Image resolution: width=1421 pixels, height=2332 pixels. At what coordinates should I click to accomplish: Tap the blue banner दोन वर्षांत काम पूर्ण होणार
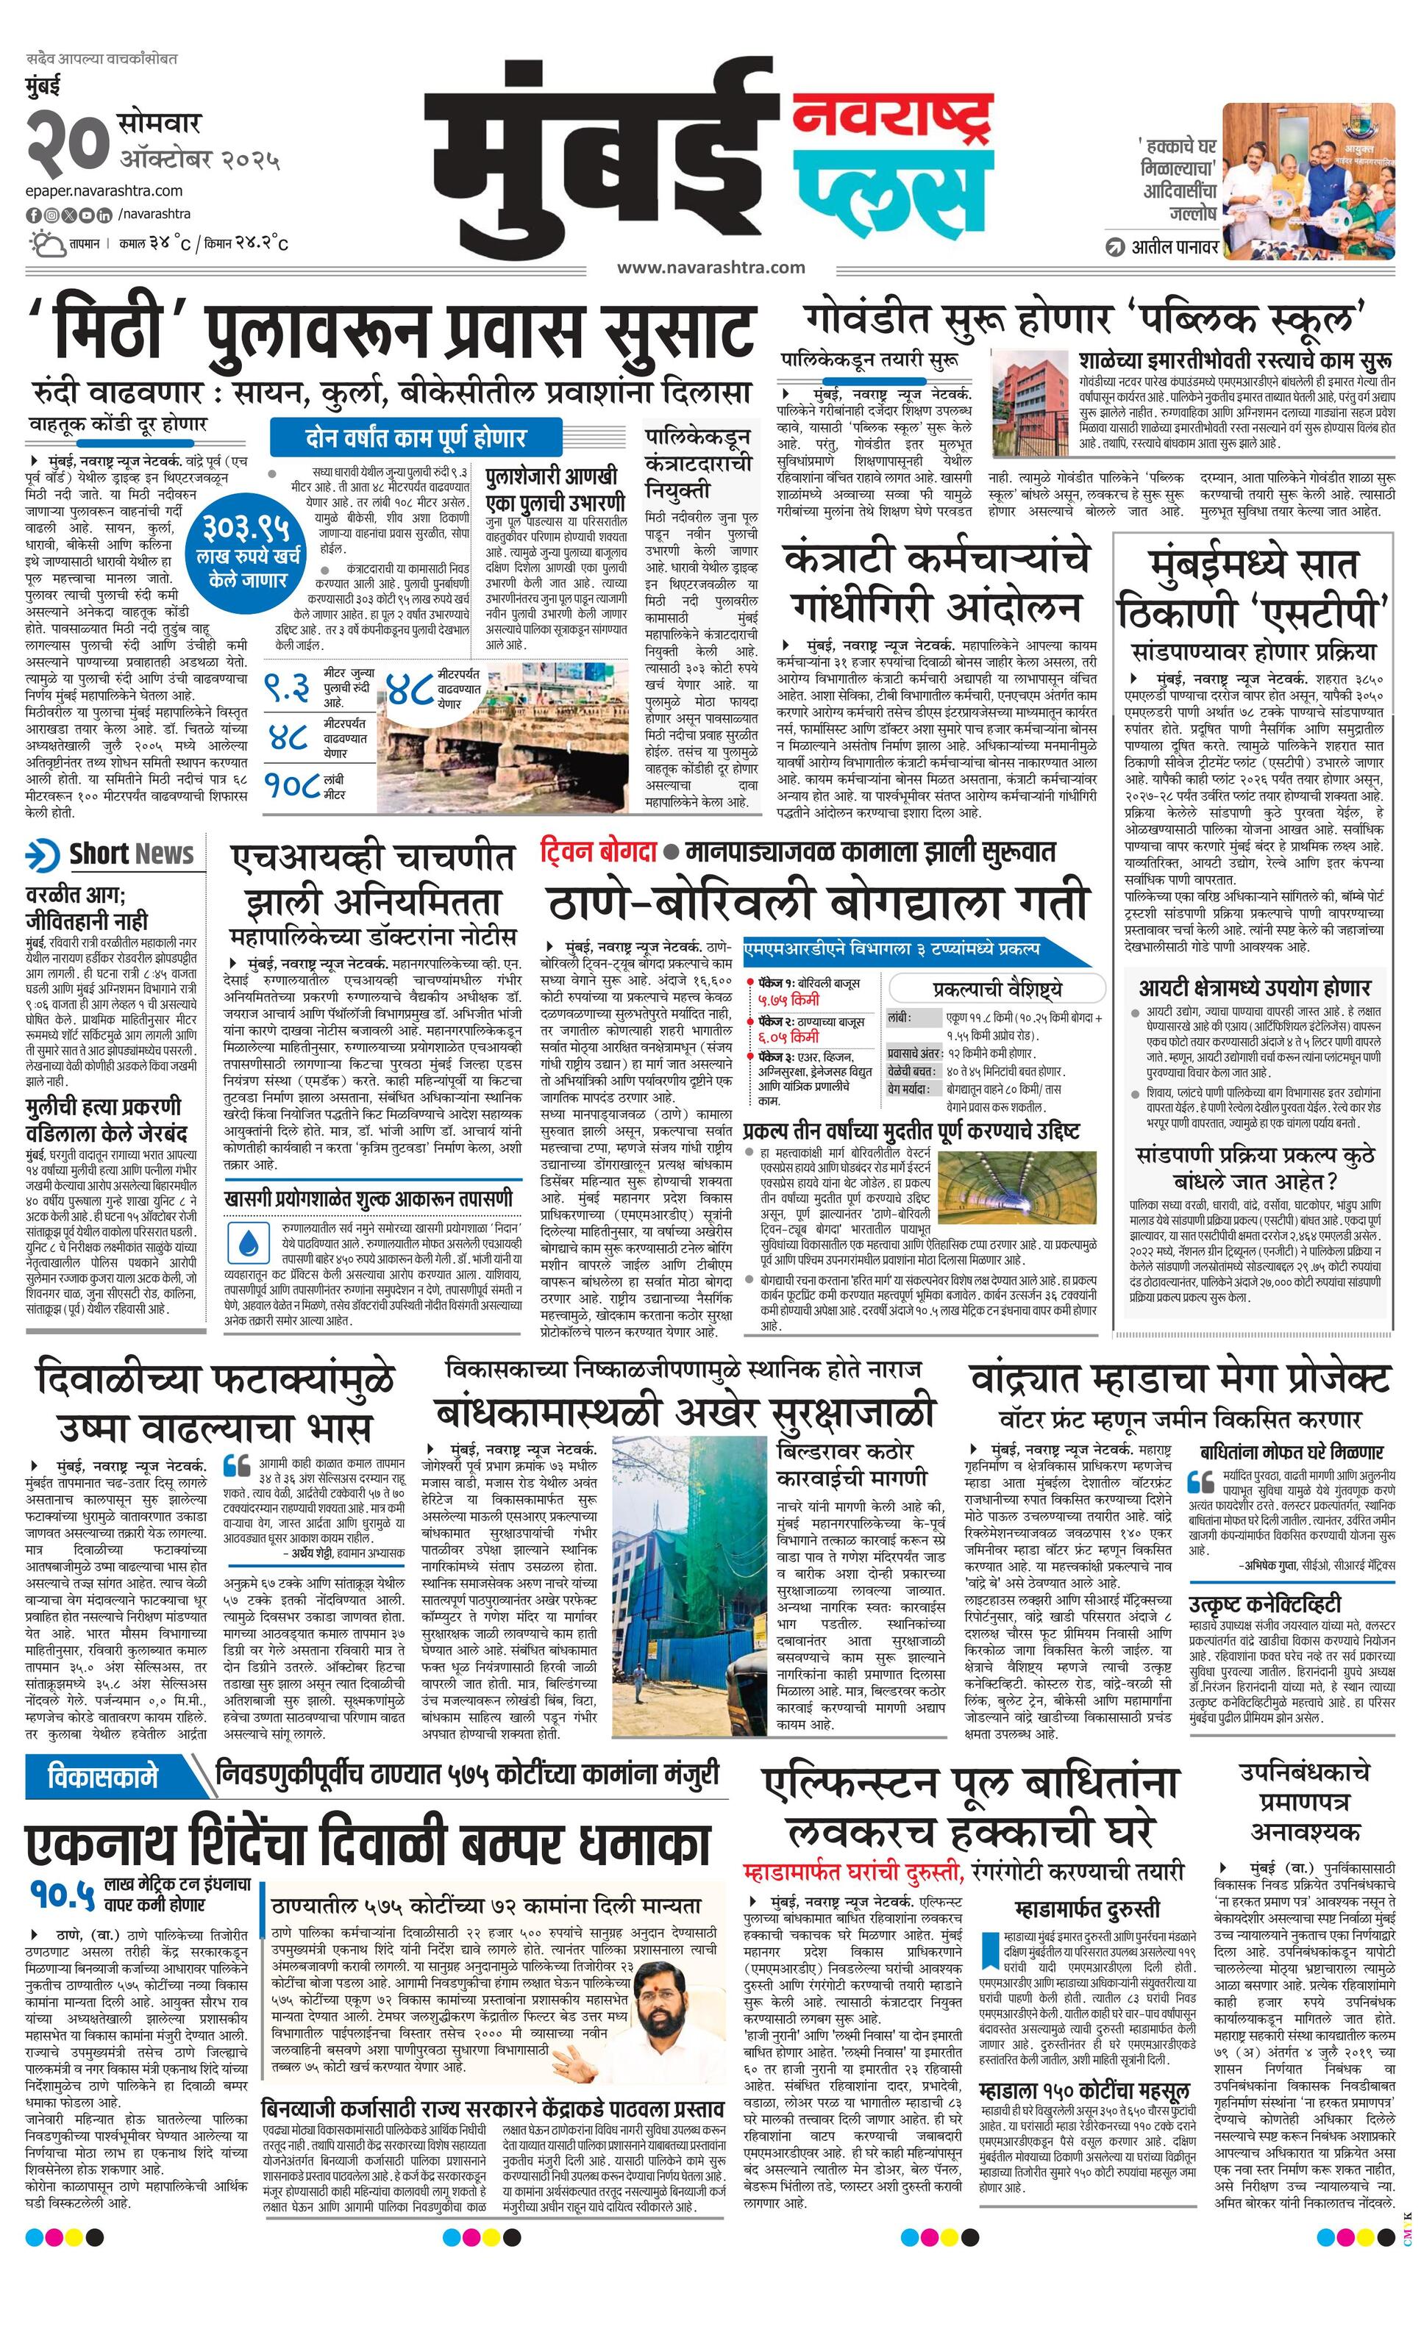coord(415,437)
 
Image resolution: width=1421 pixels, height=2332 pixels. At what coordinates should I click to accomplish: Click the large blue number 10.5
coord(62,1893)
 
